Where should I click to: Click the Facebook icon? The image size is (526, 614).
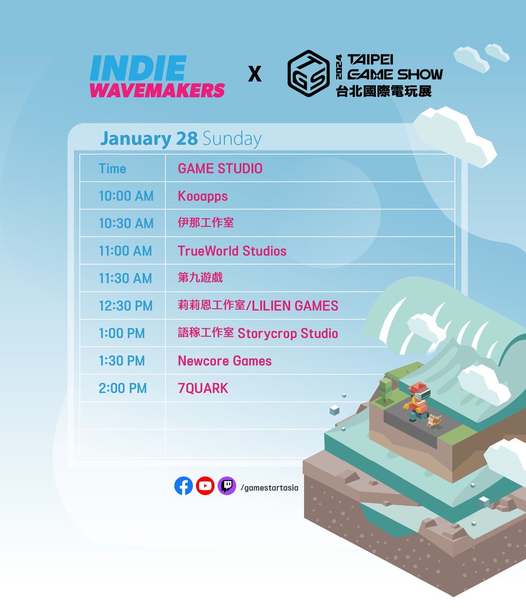pos(183,486)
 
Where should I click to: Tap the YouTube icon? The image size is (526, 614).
pos(205,486)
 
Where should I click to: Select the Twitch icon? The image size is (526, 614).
pos(227,486)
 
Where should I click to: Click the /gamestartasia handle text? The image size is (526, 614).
pos(269,488)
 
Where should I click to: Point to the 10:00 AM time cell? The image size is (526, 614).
pos(126,196)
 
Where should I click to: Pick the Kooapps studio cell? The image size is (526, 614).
pos(203,196)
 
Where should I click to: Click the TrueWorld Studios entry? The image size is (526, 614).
pos(232,251)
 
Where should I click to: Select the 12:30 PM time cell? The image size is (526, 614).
pos(125,306)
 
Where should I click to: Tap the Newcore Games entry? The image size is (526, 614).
pos(225,361)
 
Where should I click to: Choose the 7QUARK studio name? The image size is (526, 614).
pos(203,388)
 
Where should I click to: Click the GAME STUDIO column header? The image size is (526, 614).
pos(220,168)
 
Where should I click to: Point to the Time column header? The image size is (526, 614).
pos(112,168)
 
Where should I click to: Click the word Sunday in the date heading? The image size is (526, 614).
pos(232,139)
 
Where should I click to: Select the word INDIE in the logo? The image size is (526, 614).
pos(137,69)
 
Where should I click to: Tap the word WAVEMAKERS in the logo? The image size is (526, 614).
pos(157,90)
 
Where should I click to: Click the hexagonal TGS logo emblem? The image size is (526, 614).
pos(308,74)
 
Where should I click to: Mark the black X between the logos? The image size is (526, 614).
pos(254,75)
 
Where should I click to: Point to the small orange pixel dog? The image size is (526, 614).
pos(434,421)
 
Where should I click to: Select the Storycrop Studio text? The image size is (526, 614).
pos(288,334)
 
